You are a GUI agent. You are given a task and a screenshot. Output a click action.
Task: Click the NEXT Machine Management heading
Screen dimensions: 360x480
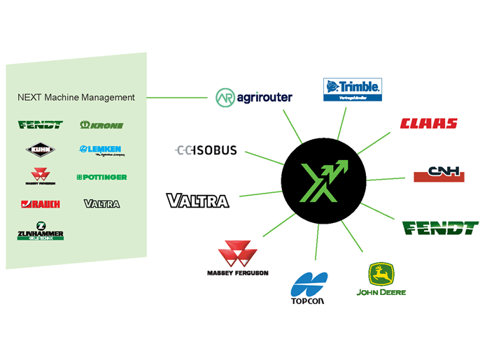(76, 97)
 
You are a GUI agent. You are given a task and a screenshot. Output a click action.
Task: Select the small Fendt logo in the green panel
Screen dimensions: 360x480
(41, 125)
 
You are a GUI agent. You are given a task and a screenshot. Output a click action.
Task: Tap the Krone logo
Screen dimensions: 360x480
(102, 125)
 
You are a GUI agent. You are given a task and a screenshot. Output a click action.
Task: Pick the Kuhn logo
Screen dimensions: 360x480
(40, 149)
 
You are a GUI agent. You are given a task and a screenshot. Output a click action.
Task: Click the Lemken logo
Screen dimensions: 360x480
(100, 150)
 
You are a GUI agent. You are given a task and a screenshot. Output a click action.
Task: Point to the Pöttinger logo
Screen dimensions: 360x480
(102, 177)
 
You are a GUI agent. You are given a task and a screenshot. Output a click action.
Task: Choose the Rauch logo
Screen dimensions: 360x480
(41, 204)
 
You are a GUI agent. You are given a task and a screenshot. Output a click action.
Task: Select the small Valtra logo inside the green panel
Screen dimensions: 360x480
(102, 204)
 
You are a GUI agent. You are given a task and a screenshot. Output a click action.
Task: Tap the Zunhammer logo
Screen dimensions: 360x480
(41, 231)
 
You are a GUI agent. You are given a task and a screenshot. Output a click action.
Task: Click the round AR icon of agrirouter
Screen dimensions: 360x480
(225, 97)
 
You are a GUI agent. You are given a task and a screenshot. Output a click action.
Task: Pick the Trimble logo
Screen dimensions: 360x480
(351, 89)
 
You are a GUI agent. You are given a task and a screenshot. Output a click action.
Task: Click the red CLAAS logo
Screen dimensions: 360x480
(428, 124)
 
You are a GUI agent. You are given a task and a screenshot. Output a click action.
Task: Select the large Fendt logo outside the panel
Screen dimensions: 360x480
(440, 228)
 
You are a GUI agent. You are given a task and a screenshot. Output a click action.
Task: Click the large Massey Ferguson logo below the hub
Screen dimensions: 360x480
(237, 258)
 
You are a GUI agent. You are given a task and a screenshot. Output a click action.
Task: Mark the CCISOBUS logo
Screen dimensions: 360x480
(206, 150)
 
